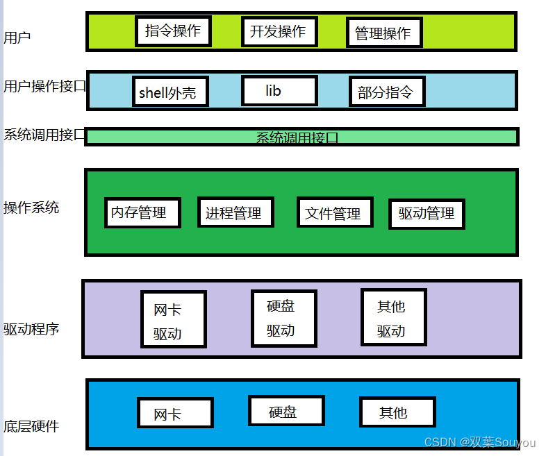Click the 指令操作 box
pos(173,31)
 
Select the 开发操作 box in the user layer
pos(279,31)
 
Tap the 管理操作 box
pos(384,33)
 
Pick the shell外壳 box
pos(170,92)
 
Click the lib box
pos(279,90)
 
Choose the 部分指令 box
pos(386,92)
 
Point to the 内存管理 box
pos(142,212)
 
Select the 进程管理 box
pos(235,212)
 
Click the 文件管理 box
pos(334,212)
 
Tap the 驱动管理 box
pos(427,214)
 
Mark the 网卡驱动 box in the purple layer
pos(173,319)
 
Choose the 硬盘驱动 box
pos(283,317)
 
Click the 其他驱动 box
pos(393,317)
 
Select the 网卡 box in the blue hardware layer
pos(175,413)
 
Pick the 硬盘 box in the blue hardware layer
pos(286,411)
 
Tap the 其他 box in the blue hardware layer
pos(397,412)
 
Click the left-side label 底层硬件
pos(31,426)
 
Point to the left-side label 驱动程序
pos(31,328)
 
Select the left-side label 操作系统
pos(31,208)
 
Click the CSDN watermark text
pos(479,442)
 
